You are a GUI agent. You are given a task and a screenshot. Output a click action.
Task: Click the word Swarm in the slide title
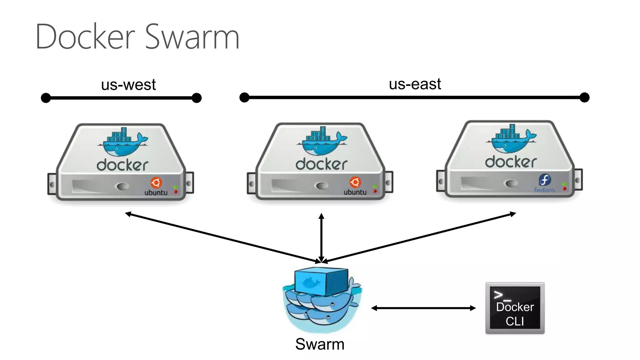coord(192,37)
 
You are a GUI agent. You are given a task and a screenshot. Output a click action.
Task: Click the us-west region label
coord(128,85)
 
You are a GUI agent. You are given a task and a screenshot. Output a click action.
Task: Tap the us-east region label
coord(415,84)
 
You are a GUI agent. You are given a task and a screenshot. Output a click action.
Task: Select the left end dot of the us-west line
coord(46,98)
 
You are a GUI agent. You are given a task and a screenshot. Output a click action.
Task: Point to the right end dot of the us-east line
coord(584,97)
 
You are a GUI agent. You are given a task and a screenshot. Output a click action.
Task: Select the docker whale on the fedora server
coord(512,139)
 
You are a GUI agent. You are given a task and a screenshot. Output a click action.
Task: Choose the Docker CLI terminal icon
coord(515,308)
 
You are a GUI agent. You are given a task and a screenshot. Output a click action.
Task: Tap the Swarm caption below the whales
coord(320,344)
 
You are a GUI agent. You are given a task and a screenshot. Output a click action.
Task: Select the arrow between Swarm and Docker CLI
coord(423,308)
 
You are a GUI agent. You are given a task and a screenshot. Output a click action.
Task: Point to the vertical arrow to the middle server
coord(321,237)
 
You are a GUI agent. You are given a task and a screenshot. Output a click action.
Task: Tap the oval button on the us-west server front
coord(122,186)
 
